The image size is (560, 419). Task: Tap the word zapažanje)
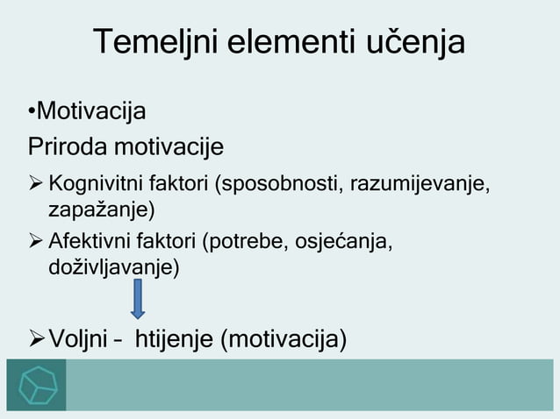pos(102,210)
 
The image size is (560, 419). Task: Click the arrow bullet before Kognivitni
pos(35,186)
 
